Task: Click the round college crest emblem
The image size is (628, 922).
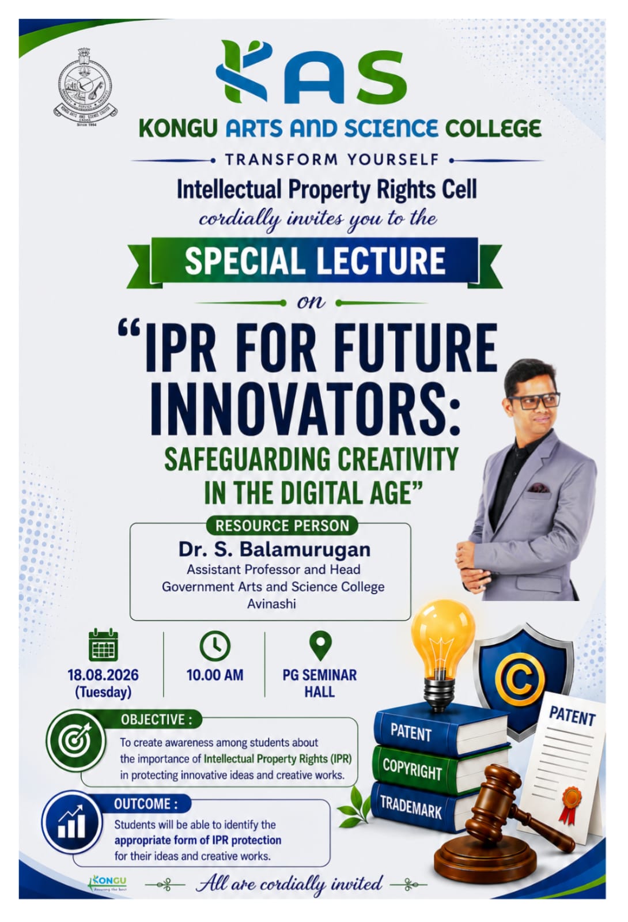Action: pos(85,88)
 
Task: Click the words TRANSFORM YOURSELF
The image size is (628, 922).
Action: pos(332,160)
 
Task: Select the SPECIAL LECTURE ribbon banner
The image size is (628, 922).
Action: pos(315,262)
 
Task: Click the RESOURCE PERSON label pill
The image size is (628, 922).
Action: pos(282,526)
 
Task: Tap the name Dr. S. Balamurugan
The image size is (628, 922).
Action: pos(274,550)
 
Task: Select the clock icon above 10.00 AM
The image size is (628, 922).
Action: pos(215,645)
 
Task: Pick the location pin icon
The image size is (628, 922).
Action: pos(320,645)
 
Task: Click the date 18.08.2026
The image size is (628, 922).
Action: pos(103,675)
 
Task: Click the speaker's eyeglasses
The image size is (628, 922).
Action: pos(534,400)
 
